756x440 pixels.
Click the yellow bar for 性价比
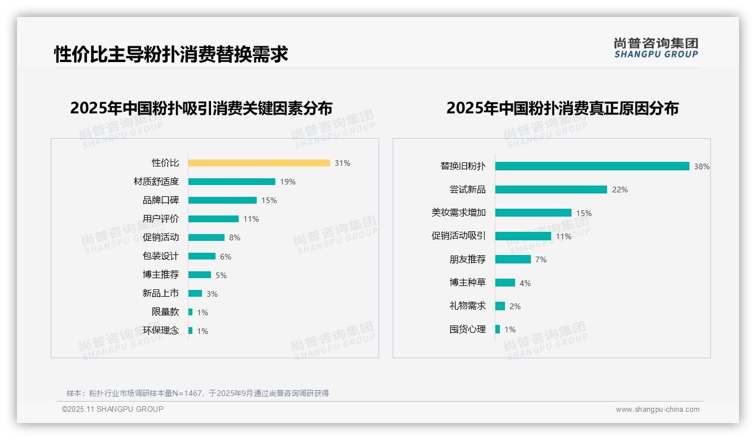[259, 163]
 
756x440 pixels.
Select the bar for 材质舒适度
[232, 182]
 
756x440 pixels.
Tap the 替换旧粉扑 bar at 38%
[592, 166]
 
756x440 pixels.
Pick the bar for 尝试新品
[551, 190]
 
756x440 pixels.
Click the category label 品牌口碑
[160, 200]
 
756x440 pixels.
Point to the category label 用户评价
[160, 219]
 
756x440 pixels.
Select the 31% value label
[342, 163]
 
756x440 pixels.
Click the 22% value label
[619, 190]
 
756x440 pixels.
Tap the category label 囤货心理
[467, 329]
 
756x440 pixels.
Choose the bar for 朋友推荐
[513, 259]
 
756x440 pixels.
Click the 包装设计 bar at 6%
[202, 256]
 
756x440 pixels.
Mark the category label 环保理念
[160, 331]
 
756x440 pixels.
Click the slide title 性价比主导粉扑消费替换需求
[171, 54]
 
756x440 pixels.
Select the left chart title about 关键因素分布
[201, 108]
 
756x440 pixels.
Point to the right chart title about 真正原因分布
[562, 108]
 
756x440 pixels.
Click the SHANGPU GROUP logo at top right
[656, 48]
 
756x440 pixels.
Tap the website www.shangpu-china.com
[657, 410]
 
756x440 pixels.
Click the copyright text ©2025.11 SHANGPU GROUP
[113, 409]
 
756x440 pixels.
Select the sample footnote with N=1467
[197, 393]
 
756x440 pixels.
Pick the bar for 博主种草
[506, 283]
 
